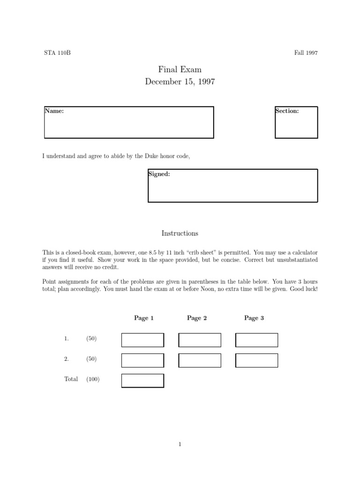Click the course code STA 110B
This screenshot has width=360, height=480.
[x=57, y=52]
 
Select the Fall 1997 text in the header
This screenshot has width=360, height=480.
[x=306, y=52]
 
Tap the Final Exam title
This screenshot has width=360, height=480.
[x=180, y=70]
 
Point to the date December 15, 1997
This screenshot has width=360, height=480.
[x=180, y=82]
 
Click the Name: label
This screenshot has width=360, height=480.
[x=54, y=111]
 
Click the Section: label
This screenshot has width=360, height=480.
[x=287, y=111]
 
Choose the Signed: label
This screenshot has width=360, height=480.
[x=159, y=174]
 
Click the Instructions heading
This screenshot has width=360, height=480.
[x=180, y=233]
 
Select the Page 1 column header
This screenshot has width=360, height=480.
[x=144, y=318]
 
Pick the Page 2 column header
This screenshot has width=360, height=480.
[x=197, y=318]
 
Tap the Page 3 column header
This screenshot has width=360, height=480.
[x=254, y=318]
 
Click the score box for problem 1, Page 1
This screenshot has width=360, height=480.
[x=143, y=340]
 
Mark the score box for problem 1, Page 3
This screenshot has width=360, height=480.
[x=256, y=340]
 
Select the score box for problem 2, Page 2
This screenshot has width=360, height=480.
[x=200, y=360]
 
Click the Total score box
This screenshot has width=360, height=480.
[x=143, y=381]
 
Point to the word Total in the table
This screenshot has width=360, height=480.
[x=71, y=379]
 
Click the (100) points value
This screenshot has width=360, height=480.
[x=93, y=379]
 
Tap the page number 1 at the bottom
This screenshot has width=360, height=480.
[x=180, y=445]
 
